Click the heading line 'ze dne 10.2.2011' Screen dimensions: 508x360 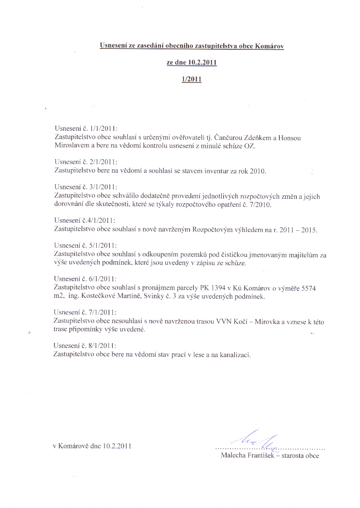(x=192, y=62)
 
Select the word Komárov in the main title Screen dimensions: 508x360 (x=270, y=45)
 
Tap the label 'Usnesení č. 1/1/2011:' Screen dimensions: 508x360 (x=86, y=129)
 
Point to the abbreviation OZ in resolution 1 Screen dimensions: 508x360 (x=251, y=147)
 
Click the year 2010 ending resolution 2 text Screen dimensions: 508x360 (x=257, y=171)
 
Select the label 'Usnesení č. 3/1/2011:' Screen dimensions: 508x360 (x=86, y=187)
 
